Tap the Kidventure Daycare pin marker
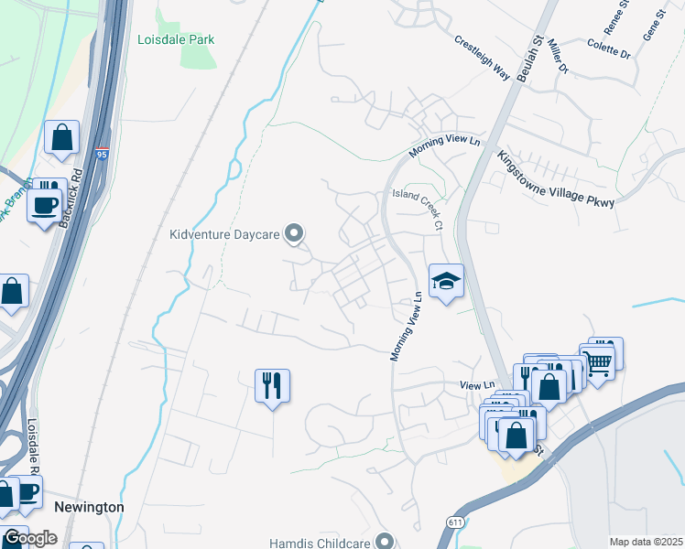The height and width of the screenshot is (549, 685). (294, 234)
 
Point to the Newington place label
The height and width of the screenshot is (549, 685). (89, 507)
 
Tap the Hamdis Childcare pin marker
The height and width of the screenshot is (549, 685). (385, 542)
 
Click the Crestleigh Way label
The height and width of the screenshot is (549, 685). (482, 58)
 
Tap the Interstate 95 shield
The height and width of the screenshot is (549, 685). (102, 156)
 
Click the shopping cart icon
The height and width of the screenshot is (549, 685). (599, 360)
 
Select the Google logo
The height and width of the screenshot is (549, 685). (29, 537)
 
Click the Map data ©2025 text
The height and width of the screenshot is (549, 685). (647, 542)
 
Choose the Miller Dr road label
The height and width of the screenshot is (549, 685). (560, 58)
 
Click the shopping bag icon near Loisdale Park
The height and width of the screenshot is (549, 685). (61, 139)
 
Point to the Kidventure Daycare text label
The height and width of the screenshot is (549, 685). (223, 234)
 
